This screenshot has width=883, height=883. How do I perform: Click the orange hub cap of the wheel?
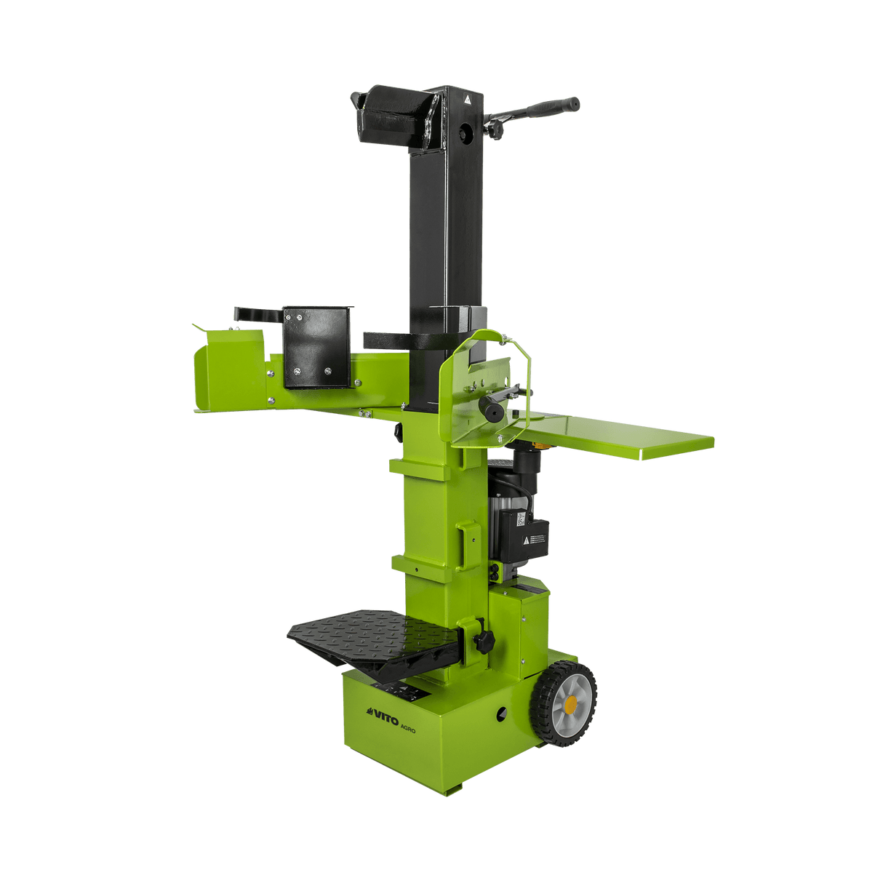tap(570, 703)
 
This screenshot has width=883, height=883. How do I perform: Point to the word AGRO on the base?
tap(407, 730)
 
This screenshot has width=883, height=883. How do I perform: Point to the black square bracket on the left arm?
tap(316, 346)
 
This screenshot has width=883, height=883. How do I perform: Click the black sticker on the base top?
tap(396, 690)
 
